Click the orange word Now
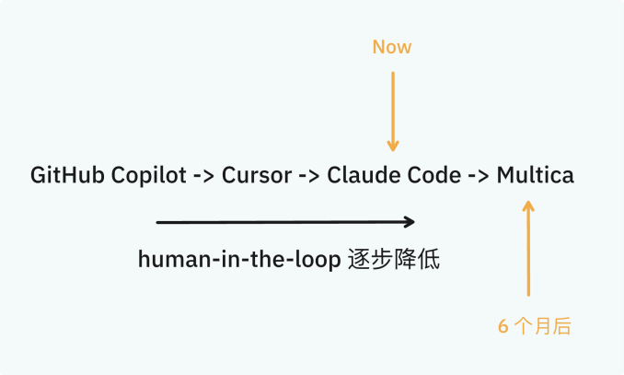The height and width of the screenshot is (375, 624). click(391, 47)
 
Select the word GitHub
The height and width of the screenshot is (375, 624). click(67, 175)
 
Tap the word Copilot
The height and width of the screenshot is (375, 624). click(148, 176)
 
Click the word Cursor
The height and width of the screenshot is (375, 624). click(257, 175)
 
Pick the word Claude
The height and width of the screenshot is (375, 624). click(362, 175)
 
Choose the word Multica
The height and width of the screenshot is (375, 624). click(536, 175)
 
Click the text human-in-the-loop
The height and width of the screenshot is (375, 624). click(239, 260)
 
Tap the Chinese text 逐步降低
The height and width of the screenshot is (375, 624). click(394, 259)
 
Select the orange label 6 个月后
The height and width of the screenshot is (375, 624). click(534, 326)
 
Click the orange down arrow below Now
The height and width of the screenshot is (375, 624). click(393, 111)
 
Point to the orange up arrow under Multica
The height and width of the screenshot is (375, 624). click(528, 248)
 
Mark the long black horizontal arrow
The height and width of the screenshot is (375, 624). click(285, 222)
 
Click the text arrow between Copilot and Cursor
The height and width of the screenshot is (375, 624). click(203, 176)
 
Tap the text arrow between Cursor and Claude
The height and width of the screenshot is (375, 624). click(309, 176)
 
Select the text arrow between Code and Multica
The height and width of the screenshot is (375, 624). click(480, 176)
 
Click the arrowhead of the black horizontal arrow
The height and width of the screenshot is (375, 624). click(410, 222)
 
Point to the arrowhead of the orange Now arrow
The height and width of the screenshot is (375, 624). click(393, 146)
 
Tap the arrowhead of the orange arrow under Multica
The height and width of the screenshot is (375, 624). click(528, 205)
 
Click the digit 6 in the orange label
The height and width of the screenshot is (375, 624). click(503, 326)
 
